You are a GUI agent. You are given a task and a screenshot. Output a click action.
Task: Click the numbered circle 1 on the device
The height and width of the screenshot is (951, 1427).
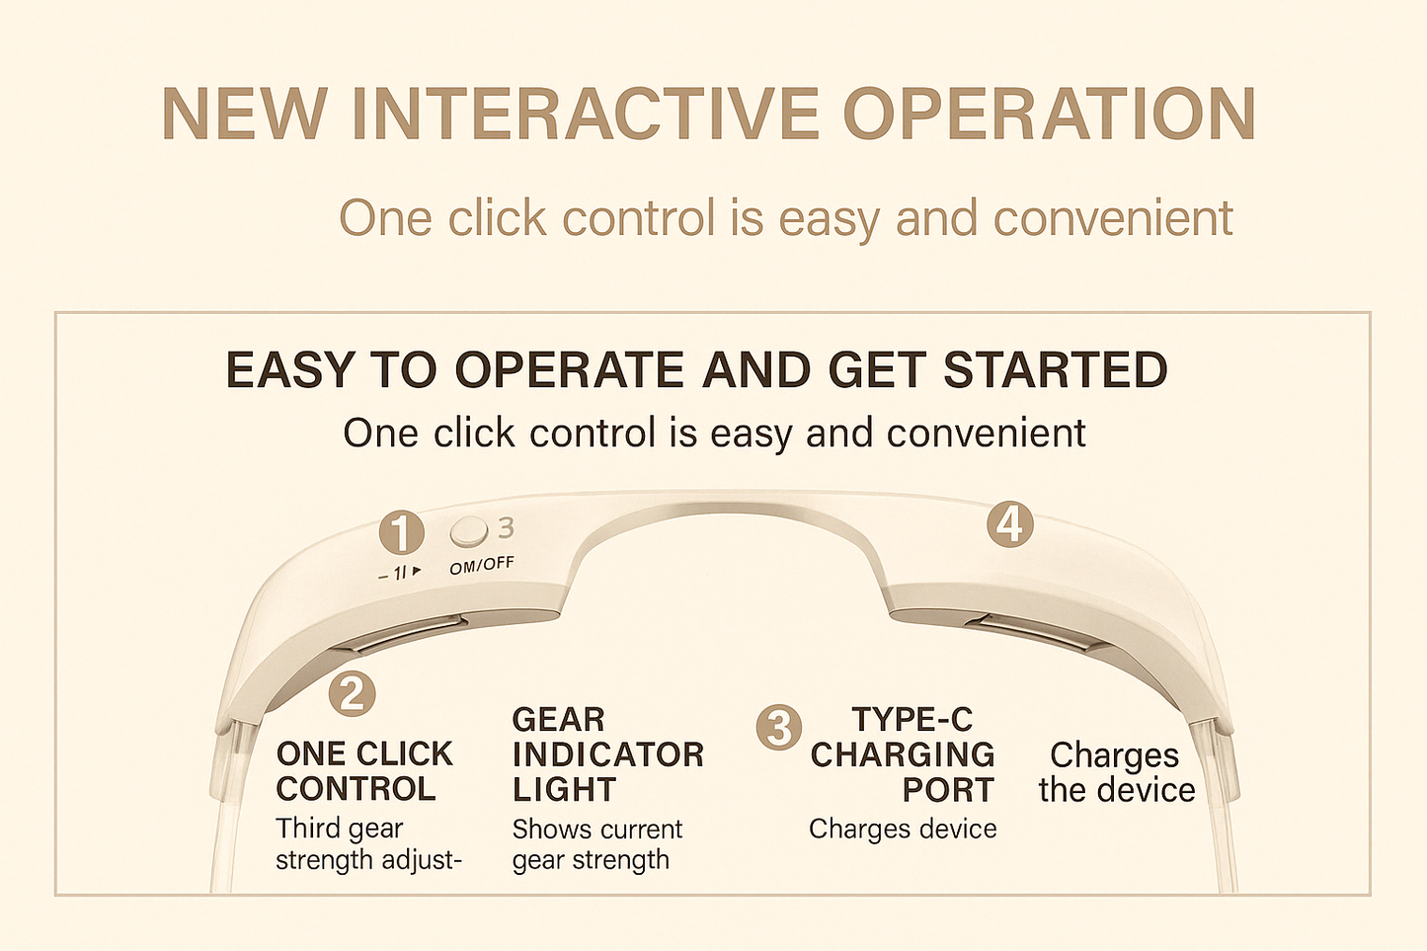coord(401,533)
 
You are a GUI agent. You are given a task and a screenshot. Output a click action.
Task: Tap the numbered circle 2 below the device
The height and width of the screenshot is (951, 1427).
coord(352,693)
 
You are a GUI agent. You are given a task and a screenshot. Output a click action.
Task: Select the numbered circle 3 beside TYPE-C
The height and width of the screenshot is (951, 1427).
coord(778,728)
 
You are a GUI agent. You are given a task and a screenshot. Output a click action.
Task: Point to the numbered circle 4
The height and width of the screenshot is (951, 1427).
coord(1009,524)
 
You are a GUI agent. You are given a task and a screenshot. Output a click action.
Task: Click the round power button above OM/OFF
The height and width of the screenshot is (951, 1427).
coord(468,532)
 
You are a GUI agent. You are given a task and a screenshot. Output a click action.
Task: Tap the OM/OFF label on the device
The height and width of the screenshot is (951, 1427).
coord(481,566)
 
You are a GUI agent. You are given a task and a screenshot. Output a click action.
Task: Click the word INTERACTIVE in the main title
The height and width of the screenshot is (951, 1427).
coord(585,115)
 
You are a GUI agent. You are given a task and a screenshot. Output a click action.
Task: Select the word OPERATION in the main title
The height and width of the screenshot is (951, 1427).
coord(1048,115)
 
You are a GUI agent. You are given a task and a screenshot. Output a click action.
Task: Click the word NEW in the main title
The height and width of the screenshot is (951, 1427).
coord(244,115)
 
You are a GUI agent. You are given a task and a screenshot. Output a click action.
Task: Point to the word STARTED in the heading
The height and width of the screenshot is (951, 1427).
coord(1055,370)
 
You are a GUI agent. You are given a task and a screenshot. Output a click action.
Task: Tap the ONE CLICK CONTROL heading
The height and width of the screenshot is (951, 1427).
coord(363,771)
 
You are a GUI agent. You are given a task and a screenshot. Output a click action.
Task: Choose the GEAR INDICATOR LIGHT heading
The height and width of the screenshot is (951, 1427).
coord(606,754)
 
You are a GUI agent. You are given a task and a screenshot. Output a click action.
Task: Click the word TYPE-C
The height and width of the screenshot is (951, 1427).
coord(912,719)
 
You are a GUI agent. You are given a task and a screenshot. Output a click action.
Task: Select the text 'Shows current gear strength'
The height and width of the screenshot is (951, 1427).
coord(596,844)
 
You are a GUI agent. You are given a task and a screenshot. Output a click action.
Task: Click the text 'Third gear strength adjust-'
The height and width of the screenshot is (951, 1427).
coord(367,843)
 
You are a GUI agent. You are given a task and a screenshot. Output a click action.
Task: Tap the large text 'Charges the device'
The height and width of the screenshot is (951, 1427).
coord(1116,772)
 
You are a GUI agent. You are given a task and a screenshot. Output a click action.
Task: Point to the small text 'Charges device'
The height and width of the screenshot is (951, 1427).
coord(902,829)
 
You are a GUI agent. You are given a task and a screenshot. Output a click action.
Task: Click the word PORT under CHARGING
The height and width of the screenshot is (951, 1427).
coord(947,790)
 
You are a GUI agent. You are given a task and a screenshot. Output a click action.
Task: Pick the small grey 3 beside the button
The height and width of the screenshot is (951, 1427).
coord(506,528)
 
